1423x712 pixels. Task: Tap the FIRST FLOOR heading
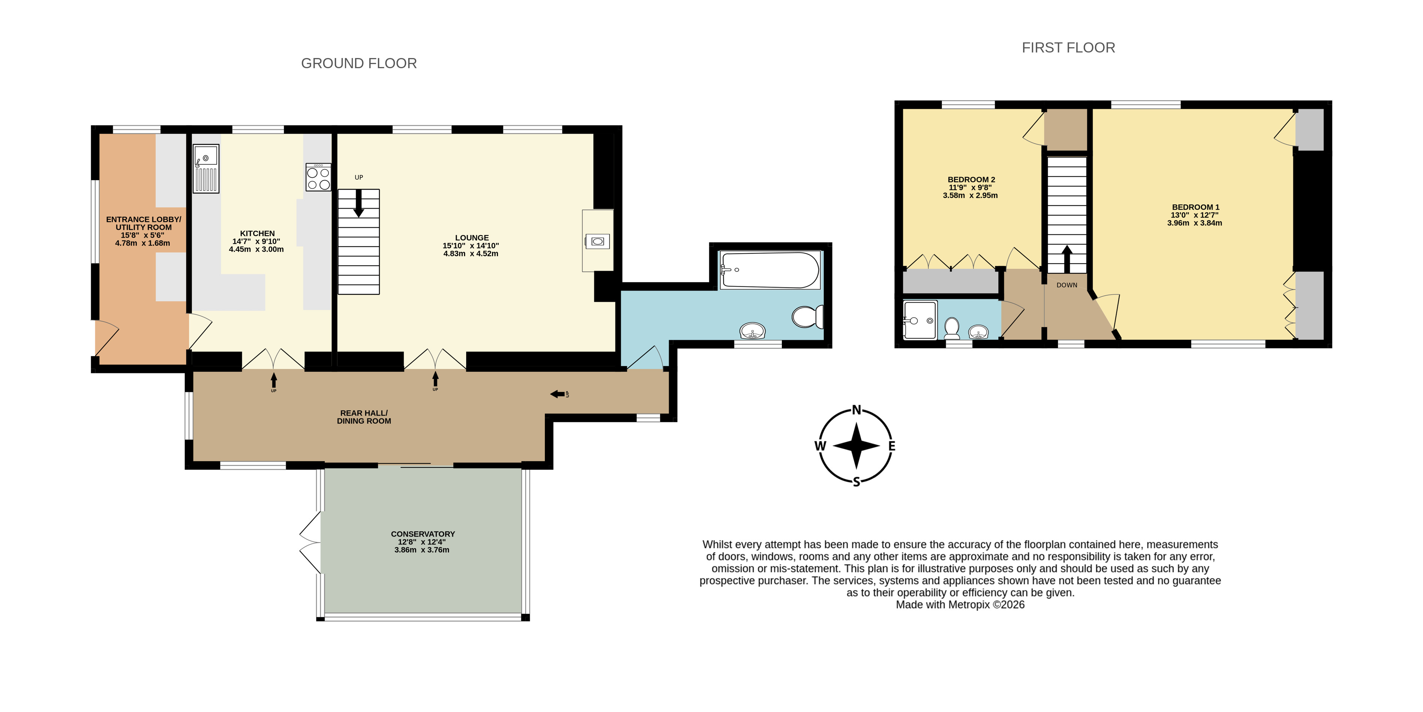click(x=1068, y=48)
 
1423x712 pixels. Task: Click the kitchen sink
click(x=206, y=168)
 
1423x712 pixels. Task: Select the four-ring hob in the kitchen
click(x=318, y=177)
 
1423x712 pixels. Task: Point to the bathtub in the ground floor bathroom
click(x=770, y=270)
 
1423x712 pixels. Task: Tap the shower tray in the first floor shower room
click(x=920, y=320)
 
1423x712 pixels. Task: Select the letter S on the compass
click(x=856, y=482)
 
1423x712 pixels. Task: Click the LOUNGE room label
click(x=472, y=237)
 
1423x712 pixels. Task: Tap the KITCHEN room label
click(x=257, y=234)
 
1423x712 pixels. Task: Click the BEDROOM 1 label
click(x=1195, y=207)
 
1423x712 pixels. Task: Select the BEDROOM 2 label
click(x=971, y=180)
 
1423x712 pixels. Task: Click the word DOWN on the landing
click(x=1067, y=285)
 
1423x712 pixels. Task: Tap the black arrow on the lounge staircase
click(x=358, y=203)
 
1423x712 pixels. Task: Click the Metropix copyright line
click(x=960, y=605)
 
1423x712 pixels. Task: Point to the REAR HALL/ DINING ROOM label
click(x=364, y=417)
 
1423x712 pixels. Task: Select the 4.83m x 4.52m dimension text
click(x=471, y=253)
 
